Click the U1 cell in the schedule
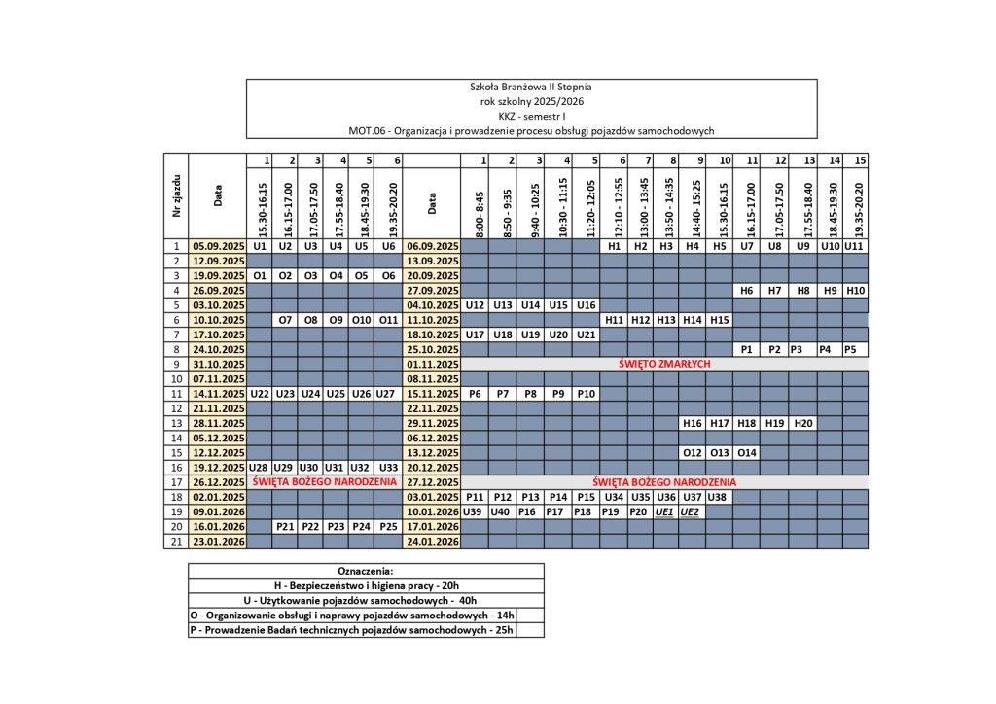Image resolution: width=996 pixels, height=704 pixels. click(260, 247)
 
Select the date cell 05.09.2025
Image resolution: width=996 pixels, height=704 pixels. click(218, 247)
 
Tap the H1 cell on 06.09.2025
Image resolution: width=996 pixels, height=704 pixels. click(614, 247)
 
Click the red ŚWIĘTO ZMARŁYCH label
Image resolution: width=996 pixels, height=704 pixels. click(664, 364)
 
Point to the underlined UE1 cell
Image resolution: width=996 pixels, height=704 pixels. click(665, 511)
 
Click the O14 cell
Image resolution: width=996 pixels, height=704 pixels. click(746, 452)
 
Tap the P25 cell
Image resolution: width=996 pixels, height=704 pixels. click(386, 526)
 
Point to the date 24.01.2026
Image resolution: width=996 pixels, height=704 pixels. click(431, 541)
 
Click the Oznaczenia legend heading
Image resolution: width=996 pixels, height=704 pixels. click(366, 571)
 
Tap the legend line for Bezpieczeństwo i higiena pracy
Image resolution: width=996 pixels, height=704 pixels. click(366, 585)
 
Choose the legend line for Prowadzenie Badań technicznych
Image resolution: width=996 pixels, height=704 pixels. click(366, 629)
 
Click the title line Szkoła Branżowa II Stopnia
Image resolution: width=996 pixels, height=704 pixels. click(531, 88)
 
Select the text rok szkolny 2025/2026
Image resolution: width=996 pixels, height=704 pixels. click(531, 101)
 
